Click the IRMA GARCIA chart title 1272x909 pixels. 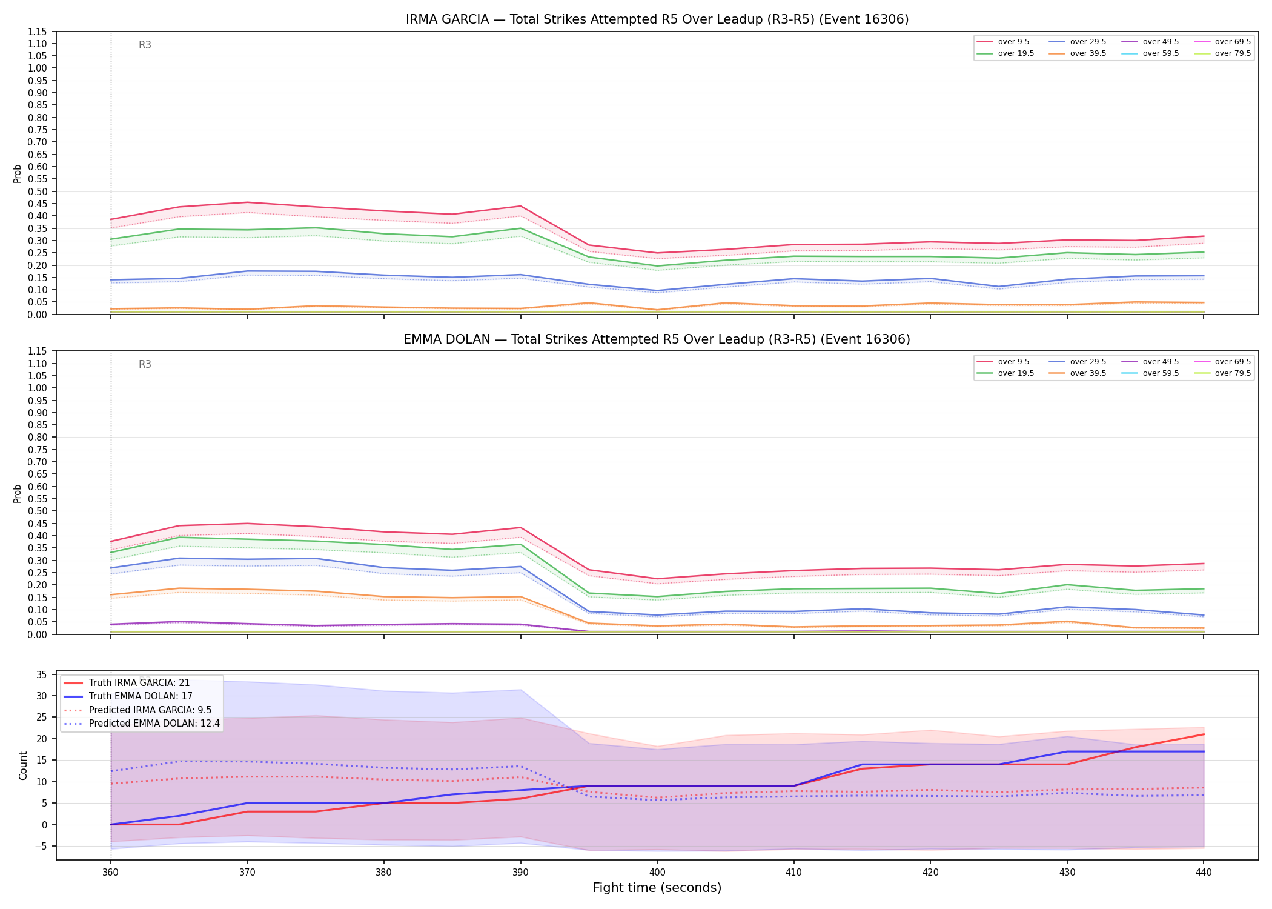657,19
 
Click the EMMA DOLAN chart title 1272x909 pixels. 657,339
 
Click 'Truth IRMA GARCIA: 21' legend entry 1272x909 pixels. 127,683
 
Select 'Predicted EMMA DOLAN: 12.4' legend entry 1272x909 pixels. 142,724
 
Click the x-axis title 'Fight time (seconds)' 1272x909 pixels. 657,888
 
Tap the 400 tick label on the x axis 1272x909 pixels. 657,873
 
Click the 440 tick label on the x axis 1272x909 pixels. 1204,873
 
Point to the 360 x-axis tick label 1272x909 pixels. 110,873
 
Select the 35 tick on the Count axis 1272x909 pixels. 42,674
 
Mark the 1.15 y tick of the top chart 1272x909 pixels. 38,32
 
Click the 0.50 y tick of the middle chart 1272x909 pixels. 38,511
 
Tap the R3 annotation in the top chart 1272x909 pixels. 145,45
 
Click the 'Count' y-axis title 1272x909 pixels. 23,765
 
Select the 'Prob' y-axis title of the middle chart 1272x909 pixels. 17,493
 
